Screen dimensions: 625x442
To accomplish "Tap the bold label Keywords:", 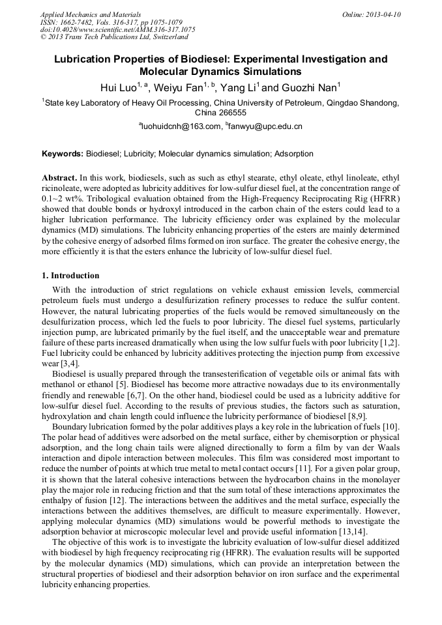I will (x=63, y=154).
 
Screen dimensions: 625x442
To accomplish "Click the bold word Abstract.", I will (x=59, y=177).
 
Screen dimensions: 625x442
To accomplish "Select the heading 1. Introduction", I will (x=70, y=276).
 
